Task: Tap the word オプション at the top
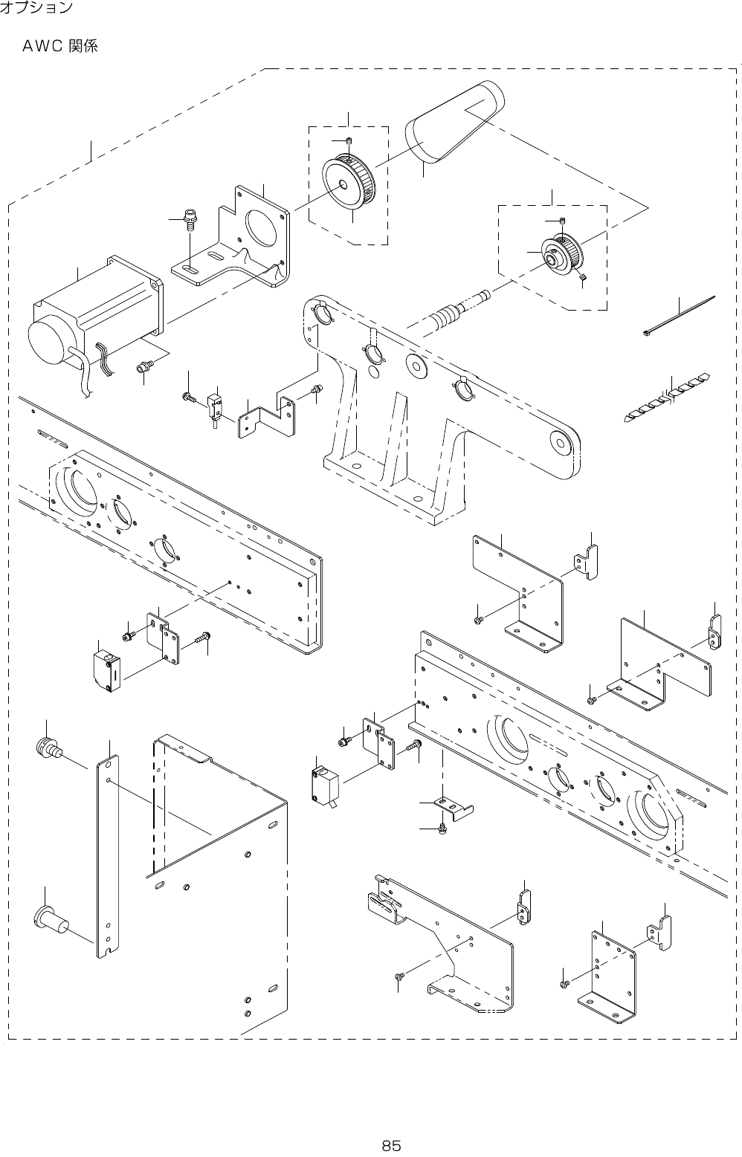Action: (36, 8)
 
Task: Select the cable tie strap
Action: (678, 317)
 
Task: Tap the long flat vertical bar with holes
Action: (106, 855)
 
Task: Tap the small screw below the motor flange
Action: (144, 366)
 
